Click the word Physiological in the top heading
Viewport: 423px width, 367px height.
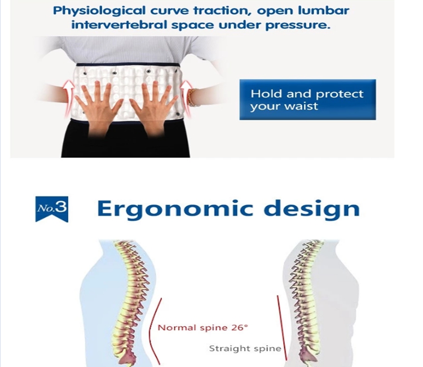tap(99, 11)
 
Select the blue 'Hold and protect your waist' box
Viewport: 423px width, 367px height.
tap(307, 99)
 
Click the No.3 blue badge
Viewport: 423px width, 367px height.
tap(52, 209)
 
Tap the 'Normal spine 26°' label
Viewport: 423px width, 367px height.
tap(202, 327)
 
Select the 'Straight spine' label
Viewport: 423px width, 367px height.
tap(245, 348)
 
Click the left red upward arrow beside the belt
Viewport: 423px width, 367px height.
tap(69, 97)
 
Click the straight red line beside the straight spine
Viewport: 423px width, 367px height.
tap(281, 328)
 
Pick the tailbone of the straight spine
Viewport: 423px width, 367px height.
tap(309, 354)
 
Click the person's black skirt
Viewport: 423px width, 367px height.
tap(125, 141)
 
